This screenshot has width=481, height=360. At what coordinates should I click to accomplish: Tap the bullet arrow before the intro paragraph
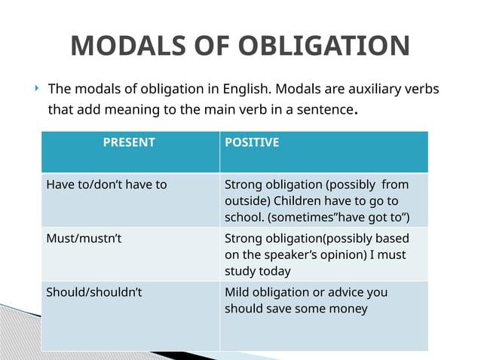(36, 89)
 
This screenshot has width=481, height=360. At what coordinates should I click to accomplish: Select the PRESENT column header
(129, 142)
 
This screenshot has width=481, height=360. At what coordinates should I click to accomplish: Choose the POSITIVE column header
(252, 142)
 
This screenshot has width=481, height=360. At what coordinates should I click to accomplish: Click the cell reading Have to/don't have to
(106, 184)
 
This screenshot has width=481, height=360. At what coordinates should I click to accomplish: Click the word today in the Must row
(274, 271)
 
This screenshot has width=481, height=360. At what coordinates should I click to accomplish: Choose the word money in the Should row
(348, 309)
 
